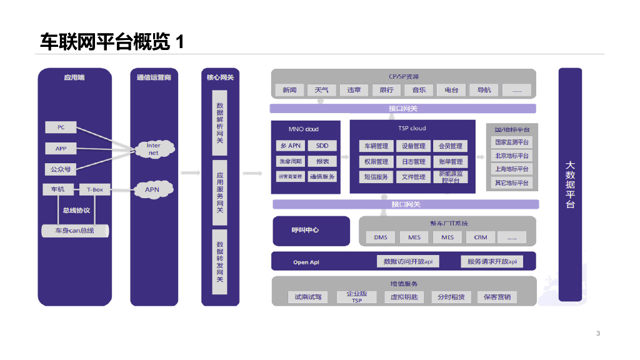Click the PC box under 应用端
coord(61,127)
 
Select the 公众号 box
coord(61,169)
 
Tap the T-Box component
coord(95,189)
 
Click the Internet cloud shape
coord(153,149)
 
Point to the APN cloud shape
coord(152,189)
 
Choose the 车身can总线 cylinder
coord(74,231)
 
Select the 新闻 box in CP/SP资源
coord(289,90)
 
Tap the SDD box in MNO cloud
coord(322,146)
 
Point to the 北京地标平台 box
coord(512,156)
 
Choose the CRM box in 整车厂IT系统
coord(480,237)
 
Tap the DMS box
coord(381,237)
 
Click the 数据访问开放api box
coord(407,262)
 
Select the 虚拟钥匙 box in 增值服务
coord(404,297)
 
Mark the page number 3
coord(598,333)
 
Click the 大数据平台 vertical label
coord(569,184)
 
